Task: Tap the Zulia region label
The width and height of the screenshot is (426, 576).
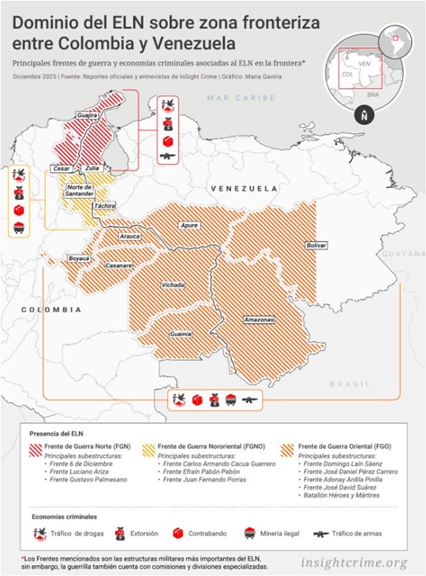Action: coord(92,168)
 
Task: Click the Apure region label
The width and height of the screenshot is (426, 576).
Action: coord(189,226)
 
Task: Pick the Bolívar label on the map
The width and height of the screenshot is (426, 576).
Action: coord(316,245)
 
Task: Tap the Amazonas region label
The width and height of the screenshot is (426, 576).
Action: coord(259,320)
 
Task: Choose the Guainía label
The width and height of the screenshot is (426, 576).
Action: coord(181,334)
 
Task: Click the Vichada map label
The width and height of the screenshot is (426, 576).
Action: coord(173,284)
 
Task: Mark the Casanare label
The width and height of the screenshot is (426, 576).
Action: coord(119,265)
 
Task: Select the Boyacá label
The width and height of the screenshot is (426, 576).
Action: coord(79,258)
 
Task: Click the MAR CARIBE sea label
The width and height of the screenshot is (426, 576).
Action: coord(241,98)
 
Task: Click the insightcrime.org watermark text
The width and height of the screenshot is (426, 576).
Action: coord(353,563)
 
